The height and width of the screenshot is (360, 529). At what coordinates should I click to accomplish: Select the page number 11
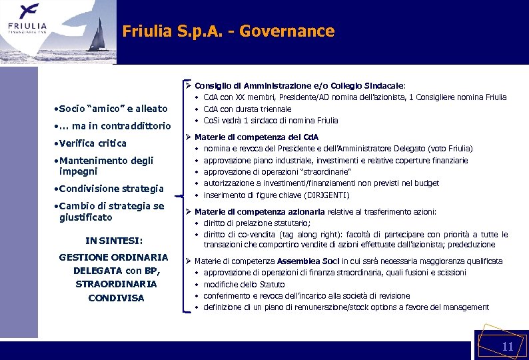pyautogui.click(x=507, y=347)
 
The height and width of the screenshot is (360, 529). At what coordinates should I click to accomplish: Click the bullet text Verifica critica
pyautogui.click(x=92, y=143)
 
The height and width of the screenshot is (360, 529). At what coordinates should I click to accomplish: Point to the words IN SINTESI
pyautogui.click(x=114, y=241)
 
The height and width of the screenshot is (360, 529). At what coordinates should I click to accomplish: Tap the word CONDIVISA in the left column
pyautogui.click(x=116, y=298)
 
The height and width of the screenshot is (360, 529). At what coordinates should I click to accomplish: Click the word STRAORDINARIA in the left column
pyautogui.click(x=116, y=284)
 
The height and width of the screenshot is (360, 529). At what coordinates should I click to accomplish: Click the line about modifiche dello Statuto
pyautogui.click(x=244, y=285)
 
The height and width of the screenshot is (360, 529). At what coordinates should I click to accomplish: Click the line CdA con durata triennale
pyautogui.click(x=247, y=109)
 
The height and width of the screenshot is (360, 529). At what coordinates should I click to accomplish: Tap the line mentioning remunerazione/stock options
pyautogui.click(x=346, y=307)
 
